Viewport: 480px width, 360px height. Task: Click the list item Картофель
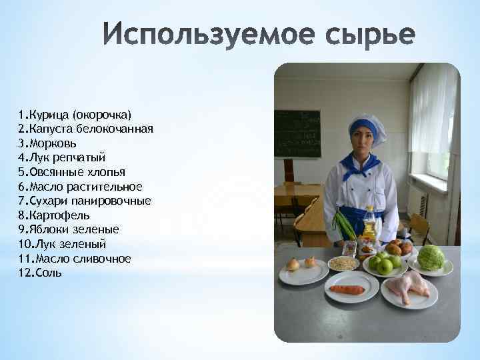pyautogui.click(x=54, y=215)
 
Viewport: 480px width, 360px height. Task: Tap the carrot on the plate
pyautogui.click(x=347, y=289)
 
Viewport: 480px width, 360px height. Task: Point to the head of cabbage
pyautogui.click(x=431, y=258)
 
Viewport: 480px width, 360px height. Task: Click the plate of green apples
pyautogui.click(x=385, y=263)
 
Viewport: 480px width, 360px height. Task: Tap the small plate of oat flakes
pyautogui.click(x=344, y=263)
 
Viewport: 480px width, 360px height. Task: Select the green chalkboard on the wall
pyautogui.click(x=297, y=133)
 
